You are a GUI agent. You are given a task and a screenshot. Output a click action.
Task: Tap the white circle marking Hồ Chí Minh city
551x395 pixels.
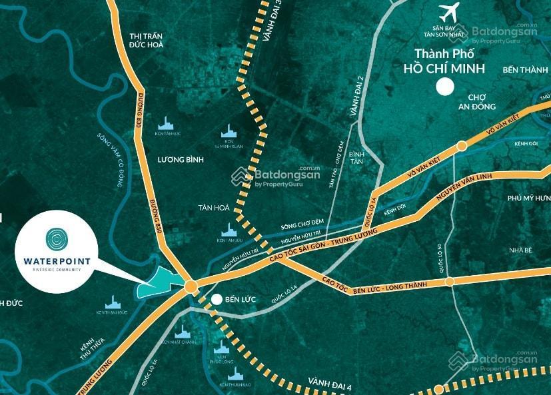(x=444, y=87)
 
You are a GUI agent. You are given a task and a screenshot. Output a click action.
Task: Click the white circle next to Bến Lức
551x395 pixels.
(x=217, y=299)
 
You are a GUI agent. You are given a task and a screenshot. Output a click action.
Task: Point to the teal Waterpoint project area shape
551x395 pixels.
(x=157, y=286)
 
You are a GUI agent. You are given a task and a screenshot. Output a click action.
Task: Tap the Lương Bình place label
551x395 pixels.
(x=181, y=160)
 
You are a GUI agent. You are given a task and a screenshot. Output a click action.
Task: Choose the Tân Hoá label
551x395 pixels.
(x=213, y=208)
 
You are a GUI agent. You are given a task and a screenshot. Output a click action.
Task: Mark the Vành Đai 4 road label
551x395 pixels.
(x=330, y=383)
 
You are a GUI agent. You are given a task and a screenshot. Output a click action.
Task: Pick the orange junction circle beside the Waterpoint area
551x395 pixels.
(x=191, y=287)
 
